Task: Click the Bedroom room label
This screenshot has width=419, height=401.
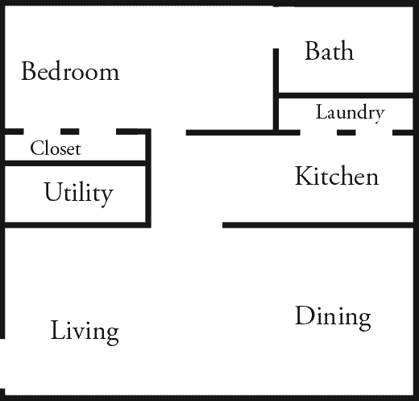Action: (x=70, y=71)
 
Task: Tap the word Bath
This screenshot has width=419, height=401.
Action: (x=330, y=51)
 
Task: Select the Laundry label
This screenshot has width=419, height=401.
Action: (x=351, y=113)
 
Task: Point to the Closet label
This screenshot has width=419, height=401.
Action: (x=56, y=148)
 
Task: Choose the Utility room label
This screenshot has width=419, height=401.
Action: (x=78, y=193)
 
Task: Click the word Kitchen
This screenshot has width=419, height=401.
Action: (x=337, y=176)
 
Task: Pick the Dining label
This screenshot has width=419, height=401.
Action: (x=333, y=318)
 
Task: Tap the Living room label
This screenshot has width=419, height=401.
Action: (x=85, y=332)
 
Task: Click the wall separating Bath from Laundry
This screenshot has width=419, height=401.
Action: (x=346, y=95)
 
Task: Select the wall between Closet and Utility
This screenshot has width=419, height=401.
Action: (x=75, y=163)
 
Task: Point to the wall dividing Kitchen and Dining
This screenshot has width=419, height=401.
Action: (x=318, y=225)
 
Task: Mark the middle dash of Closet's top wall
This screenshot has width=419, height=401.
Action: (x=70, y=132)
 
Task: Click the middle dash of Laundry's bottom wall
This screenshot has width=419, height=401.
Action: (x=346, y=132)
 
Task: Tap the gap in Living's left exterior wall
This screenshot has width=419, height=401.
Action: (x=2, y=364)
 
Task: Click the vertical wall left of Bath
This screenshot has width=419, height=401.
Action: (x=276, y=90)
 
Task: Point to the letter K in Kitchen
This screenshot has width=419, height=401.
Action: (x=303, y=176)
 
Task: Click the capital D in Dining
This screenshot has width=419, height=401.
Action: (x=305, y=315)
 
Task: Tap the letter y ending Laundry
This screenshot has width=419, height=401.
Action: (x=380, y=116)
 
